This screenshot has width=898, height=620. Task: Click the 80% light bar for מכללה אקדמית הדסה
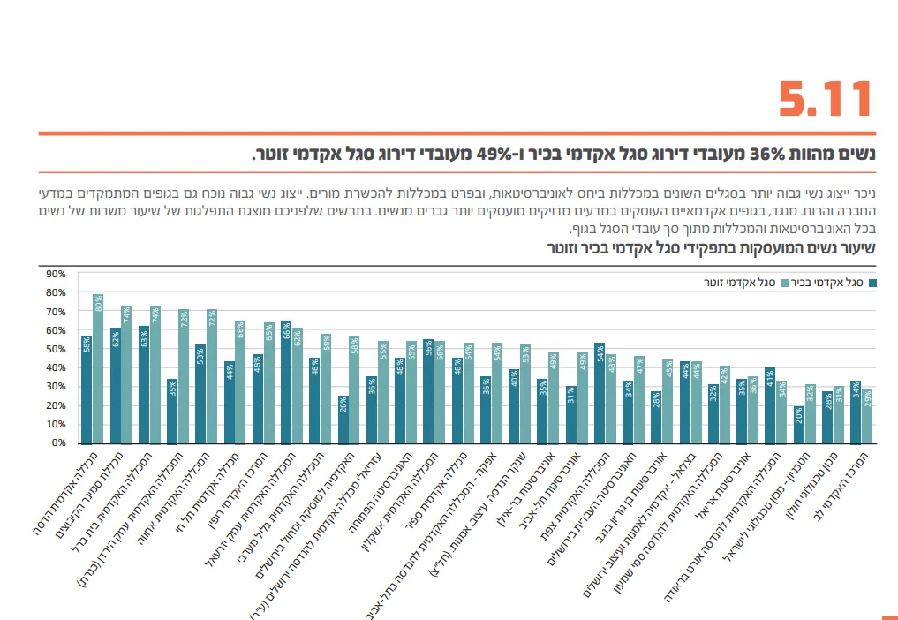(98, 371)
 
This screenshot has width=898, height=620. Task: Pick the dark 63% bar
(144, 385)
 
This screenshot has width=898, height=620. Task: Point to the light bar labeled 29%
(867, 416)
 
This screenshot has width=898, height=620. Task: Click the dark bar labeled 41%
(770, 406)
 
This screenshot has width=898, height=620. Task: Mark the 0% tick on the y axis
(57, 442)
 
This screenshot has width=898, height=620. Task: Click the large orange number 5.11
(826, 100)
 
